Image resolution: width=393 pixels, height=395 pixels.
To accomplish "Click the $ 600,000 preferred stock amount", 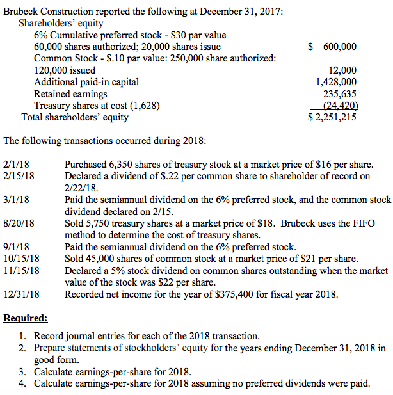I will pyautogui.click(x=332, y=47).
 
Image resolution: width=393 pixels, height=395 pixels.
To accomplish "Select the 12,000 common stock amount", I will pyautogui.click(x=342, y=70).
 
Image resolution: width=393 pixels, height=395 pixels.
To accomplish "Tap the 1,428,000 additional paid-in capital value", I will pyautogui.click(x=337, y=82).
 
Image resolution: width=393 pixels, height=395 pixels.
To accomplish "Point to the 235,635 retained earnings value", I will pyautogui.click(x=341, y=93).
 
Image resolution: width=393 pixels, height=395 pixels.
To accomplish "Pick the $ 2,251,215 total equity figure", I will pyautogui.click(x=332, y=117).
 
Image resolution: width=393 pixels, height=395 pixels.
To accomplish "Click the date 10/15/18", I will pyautogui.click(x=21, y=259).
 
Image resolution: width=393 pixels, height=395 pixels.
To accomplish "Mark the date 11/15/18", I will pyautogui.click(x=21, y=271).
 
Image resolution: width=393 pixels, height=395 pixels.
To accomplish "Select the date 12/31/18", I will pyautogui.click(x=21, y=294).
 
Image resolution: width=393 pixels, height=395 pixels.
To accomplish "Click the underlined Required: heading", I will pyautogui.click(x=26, y=318).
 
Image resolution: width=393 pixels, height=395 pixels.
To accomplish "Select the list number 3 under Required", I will pyautogui.click(x=22, y=372).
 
